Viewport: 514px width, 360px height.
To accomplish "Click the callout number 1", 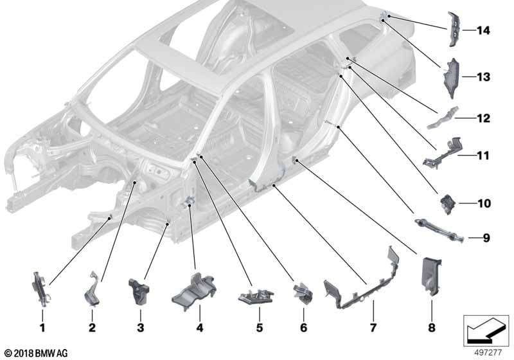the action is (42, 327).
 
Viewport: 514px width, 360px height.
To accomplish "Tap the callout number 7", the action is (373, 327).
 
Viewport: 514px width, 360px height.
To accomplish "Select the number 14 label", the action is (483, 30).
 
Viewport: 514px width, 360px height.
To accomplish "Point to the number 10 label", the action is (484, 203).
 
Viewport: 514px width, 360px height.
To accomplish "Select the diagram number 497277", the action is (488, 352).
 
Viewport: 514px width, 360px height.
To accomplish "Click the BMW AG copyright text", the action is (37, 354).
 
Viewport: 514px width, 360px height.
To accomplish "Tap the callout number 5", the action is (260, 327).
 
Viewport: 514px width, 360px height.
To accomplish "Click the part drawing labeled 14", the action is (454, 29).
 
